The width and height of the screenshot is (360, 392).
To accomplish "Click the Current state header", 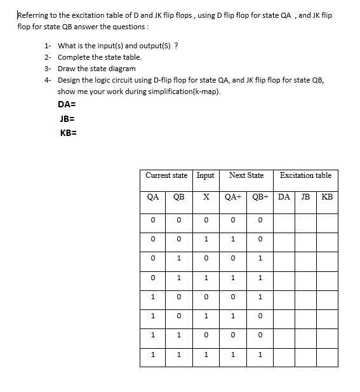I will [166, 175].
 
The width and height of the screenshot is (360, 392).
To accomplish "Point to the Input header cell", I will [206, 175].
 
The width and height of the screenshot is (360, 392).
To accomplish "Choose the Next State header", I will [246, 175].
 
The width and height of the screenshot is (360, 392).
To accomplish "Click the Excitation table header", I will [305, 175].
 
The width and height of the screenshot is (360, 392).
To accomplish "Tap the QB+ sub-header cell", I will [260, 197].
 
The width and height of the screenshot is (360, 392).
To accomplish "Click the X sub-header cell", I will [206, 197].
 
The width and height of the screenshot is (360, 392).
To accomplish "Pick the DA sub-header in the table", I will [284, 197].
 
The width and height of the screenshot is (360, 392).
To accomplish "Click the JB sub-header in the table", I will [305, 197].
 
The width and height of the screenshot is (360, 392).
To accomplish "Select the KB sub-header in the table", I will [327, 197].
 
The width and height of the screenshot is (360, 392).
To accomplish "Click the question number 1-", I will [48, 46].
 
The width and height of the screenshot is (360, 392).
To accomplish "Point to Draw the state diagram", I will [97, 69].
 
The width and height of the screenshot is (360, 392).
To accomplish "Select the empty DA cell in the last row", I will [284, 356].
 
